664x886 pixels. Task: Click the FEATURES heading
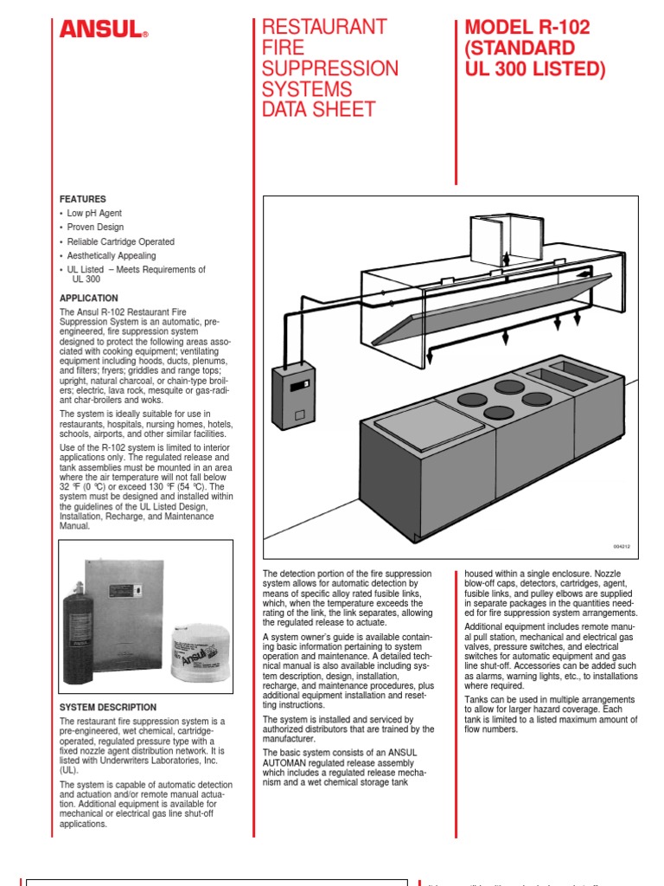coord(83,198)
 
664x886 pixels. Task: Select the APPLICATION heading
coord(88,298)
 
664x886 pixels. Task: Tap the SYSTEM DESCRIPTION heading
coord(108,707)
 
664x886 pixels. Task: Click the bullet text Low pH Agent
coord(94,213)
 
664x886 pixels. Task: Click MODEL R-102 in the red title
coord(527,27)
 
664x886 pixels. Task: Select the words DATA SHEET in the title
coord(319,110)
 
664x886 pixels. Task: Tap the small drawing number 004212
coord(623,547)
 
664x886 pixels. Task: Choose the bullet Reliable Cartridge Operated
coord(120,241)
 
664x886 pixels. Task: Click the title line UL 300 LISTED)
coord(535,68)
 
